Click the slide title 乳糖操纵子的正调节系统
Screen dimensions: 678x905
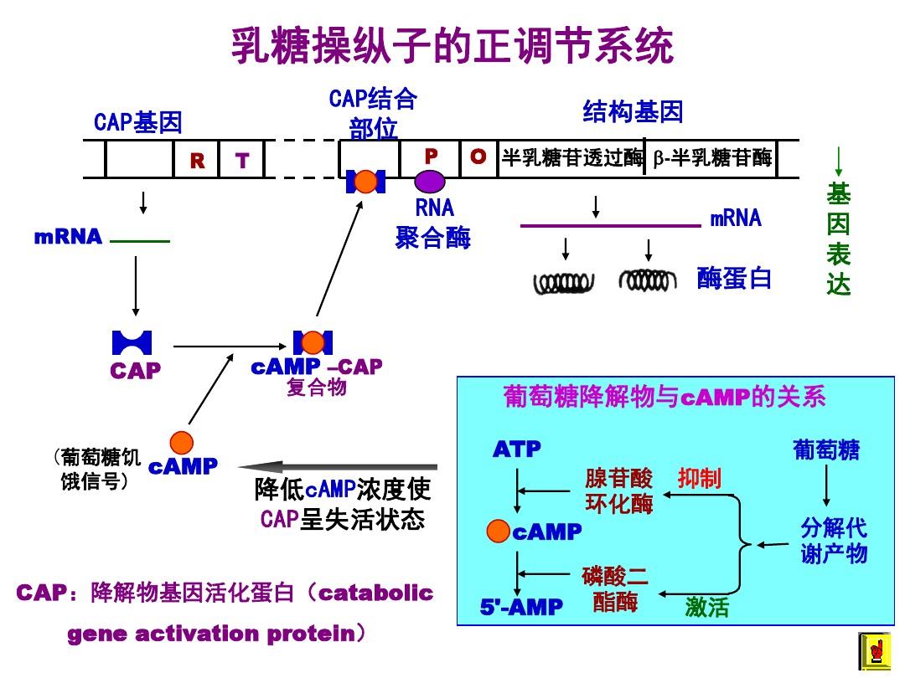point(452,46)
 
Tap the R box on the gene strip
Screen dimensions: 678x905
point(197,161)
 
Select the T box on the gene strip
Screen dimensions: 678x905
point(242,161)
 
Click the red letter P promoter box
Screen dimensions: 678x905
point(432,157)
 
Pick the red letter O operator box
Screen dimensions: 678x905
point(478,157)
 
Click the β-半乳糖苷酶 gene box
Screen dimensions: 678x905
point(713,158)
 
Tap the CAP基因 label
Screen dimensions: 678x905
point(137,123)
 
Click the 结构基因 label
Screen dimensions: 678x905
point(633,111)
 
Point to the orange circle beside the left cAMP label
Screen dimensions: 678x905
point(181,442)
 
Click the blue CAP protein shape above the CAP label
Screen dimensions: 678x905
point(132,342)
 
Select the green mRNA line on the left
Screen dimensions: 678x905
point(139,242)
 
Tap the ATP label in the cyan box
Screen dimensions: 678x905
point(516,449)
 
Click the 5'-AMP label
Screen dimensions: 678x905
point(521,607)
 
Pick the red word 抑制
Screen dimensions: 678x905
point(699,479)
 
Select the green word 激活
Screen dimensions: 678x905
point(706,607)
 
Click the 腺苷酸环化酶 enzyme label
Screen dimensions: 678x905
point(618,491)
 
